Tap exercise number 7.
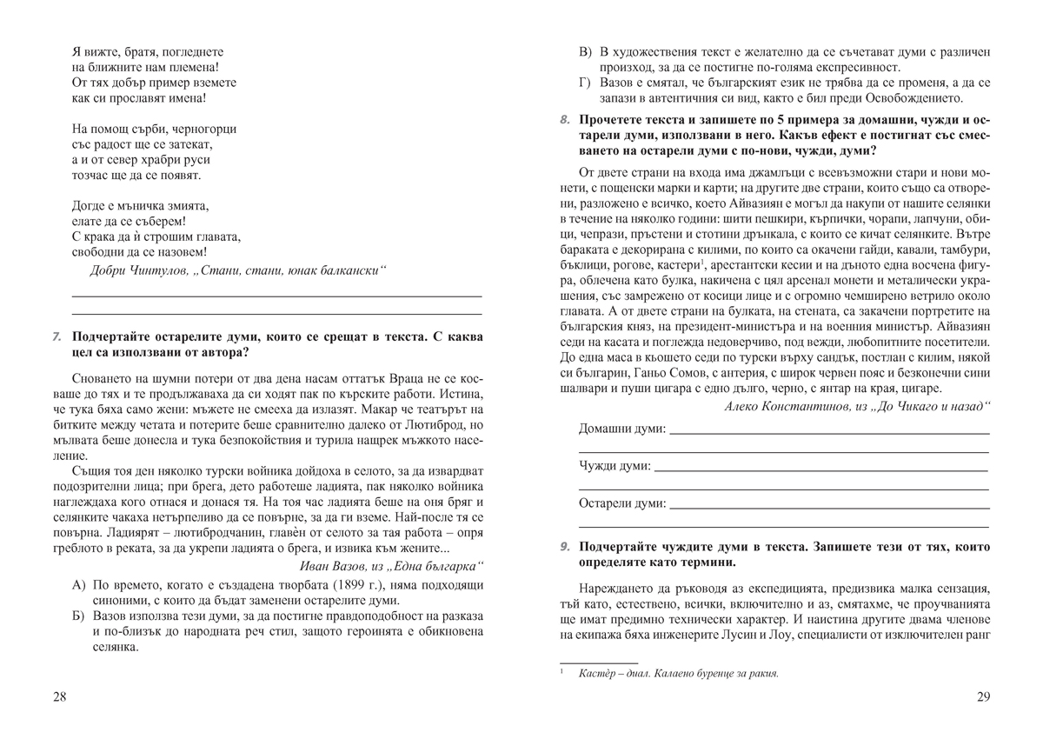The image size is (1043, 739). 56,336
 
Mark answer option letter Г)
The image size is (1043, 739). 587,83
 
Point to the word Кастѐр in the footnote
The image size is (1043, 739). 597,673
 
